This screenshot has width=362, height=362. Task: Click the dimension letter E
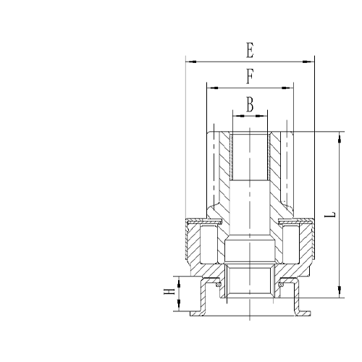click(x=250, y=51)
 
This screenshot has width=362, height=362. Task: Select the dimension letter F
click(x=250, y=75)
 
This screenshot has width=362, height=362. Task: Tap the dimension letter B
click(x=250, y=104)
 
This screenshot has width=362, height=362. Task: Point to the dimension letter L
click(x=330, y=215)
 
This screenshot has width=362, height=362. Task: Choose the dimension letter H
click(x=169, y=295)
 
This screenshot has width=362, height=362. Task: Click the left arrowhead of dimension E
click(x=188, y=62)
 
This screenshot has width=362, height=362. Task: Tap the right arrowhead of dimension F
click(x=291, y=88)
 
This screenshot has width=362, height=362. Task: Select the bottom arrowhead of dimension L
click(x=338, y=295)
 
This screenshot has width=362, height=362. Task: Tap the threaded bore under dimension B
click(x=250, y=156)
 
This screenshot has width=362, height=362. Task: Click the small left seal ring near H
click(x=210, y=287)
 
